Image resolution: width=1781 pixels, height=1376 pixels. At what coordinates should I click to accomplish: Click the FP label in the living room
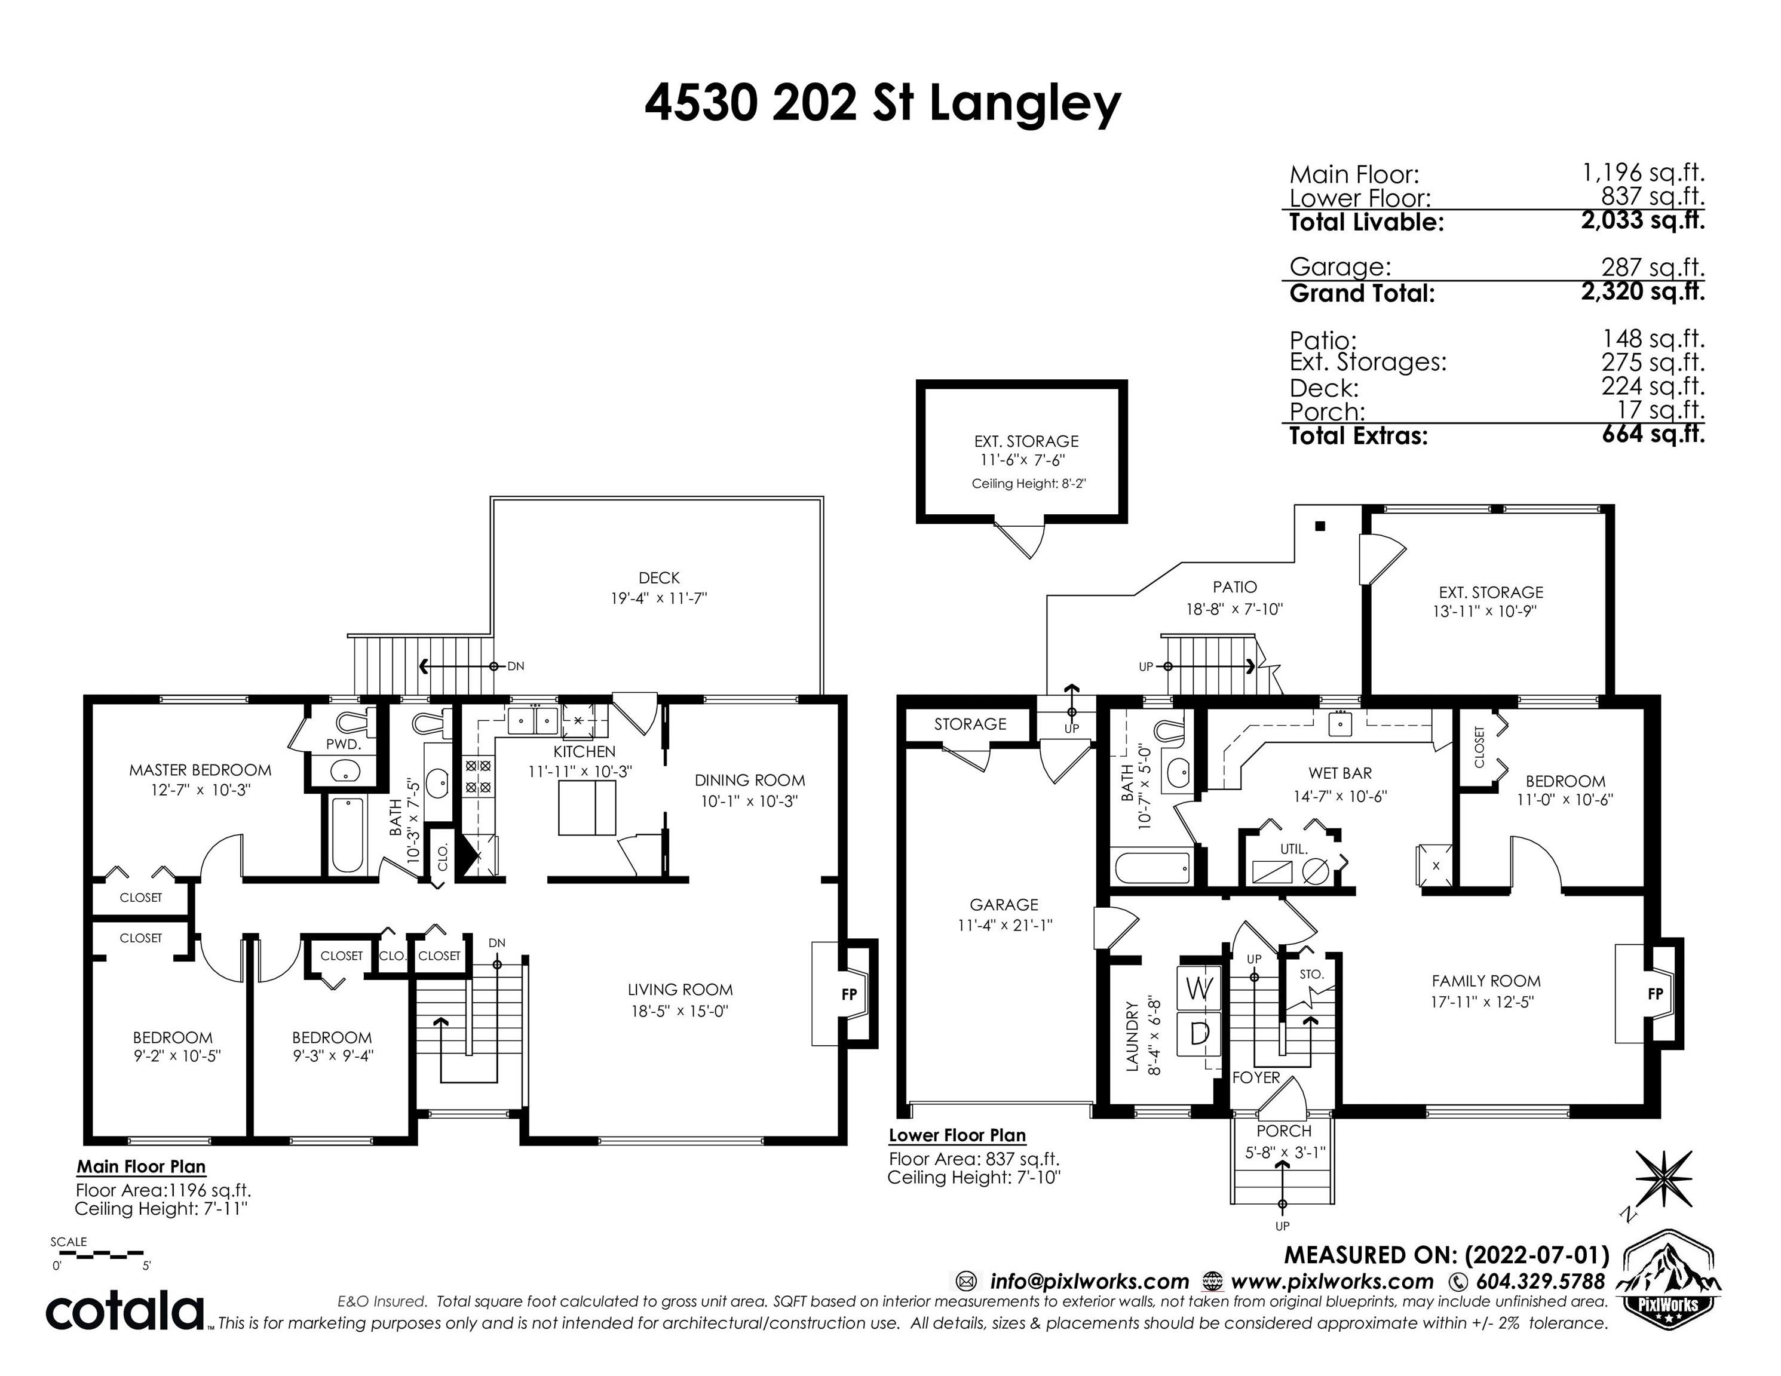click(x=849, y=994)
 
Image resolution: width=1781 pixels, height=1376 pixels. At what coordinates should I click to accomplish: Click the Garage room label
click(x=1004, y=905)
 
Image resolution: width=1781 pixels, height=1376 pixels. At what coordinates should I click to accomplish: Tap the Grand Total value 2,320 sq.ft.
click(x=1643, y=292)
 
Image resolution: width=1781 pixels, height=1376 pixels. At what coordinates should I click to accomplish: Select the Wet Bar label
click(x=1341, y=773)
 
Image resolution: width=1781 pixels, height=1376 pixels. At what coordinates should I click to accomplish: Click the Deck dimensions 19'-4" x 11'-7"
click(x=659, y=598)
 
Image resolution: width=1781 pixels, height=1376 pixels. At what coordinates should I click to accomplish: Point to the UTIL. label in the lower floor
click(x=1293, y=849)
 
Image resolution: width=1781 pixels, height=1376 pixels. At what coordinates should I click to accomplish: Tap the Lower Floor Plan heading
click(x=957, y=1135)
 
